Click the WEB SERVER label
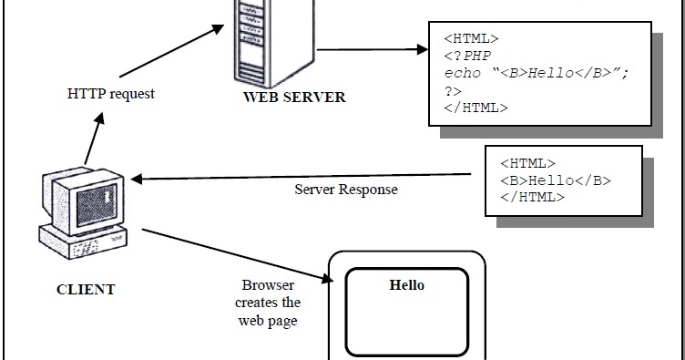point(293,97)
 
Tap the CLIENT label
point(86,290)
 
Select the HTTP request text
point(111,94)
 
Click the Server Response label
point(345,190)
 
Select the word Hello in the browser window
point(406,285)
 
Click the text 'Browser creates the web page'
point(268,303)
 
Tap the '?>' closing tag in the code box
point(453,90)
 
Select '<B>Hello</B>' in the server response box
point(555,180)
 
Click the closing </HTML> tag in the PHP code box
point(476,108)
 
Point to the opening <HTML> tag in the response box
point(527,164)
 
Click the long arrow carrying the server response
point(301,177)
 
